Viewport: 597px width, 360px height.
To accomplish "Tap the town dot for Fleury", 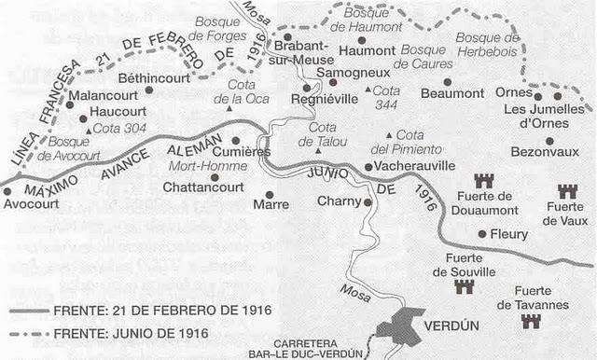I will [481, 234].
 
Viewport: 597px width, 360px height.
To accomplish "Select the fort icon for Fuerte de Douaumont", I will [483, 180].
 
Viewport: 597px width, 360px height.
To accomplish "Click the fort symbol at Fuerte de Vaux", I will [566, 190].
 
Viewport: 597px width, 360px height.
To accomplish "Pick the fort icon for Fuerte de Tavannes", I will [531, 321].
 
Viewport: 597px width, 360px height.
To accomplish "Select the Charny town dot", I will [368, 201].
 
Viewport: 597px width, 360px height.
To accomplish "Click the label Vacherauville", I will [416, 165].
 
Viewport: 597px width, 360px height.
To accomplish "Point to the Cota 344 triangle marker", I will [368, 90].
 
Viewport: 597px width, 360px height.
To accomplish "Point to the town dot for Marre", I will [271, 193].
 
